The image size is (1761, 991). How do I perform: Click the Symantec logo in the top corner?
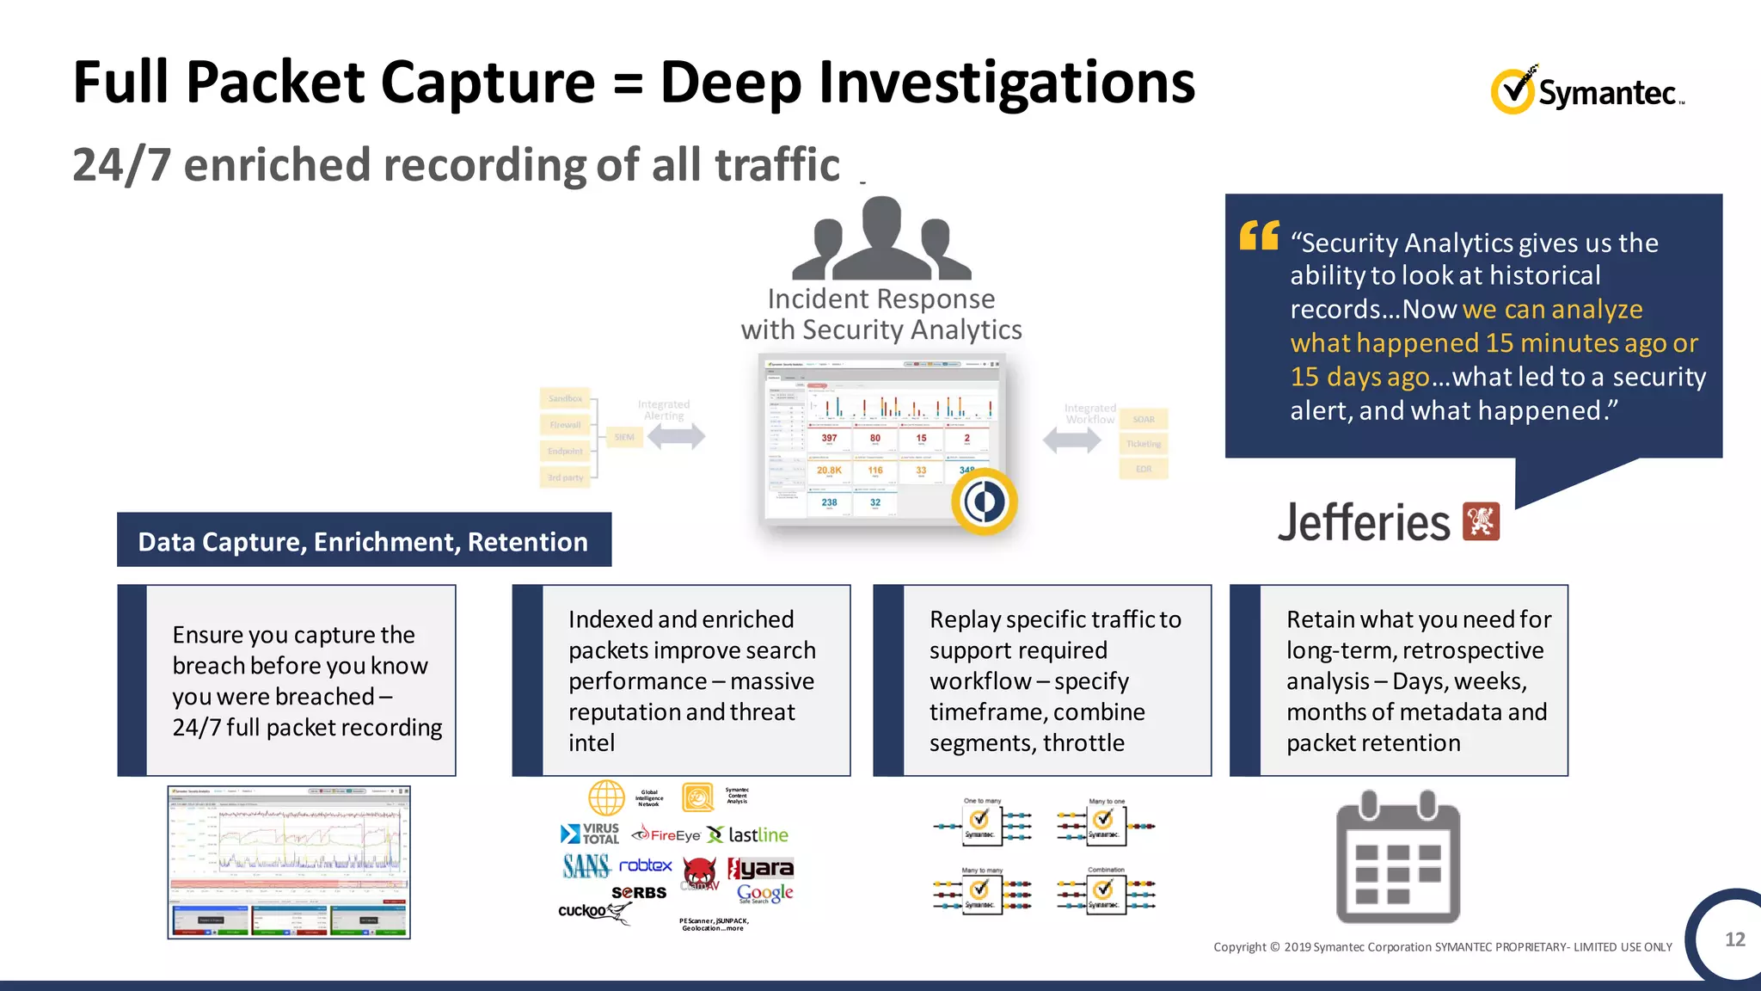pyautogui.click(x=1587, y=90)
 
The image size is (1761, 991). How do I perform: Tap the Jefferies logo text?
pyautogui.click(x=1364, y=522)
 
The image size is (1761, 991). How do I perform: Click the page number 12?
pyautogui.click(x=1734, y=939)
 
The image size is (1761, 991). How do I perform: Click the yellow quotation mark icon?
pyautogui.click(x=1259, y=235)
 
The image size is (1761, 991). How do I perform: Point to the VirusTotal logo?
pyautogui.click(x=590, y=834)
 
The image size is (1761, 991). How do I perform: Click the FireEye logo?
pyautogui.click(x=666, y=834)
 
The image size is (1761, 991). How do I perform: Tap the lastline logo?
pyautogui.click(x=747, y=834)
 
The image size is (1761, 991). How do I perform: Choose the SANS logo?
pyautogui.click(x=586, y=865)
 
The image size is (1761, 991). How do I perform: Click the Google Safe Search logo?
pyautogui.click(x=764, y=894)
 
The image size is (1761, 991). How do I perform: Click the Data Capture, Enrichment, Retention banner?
pyautogui.click(x=364, y=540)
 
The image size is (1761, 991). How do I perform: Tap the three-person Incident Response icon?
pyautogui.click(x=881, y=238)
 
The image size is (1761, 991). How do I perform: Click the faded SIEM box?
pyautogui.click(x=624, y=437)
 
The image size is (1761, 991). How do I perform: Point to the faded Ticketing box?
pyautogui.click(x=1144, y=444)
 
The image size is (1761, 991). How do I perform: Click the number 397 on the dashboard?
pyautogui.click(x=829, y=439)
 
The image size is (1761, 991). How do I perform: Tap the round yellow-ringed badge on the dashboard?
pyautogui.click(x=985, y=502)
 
